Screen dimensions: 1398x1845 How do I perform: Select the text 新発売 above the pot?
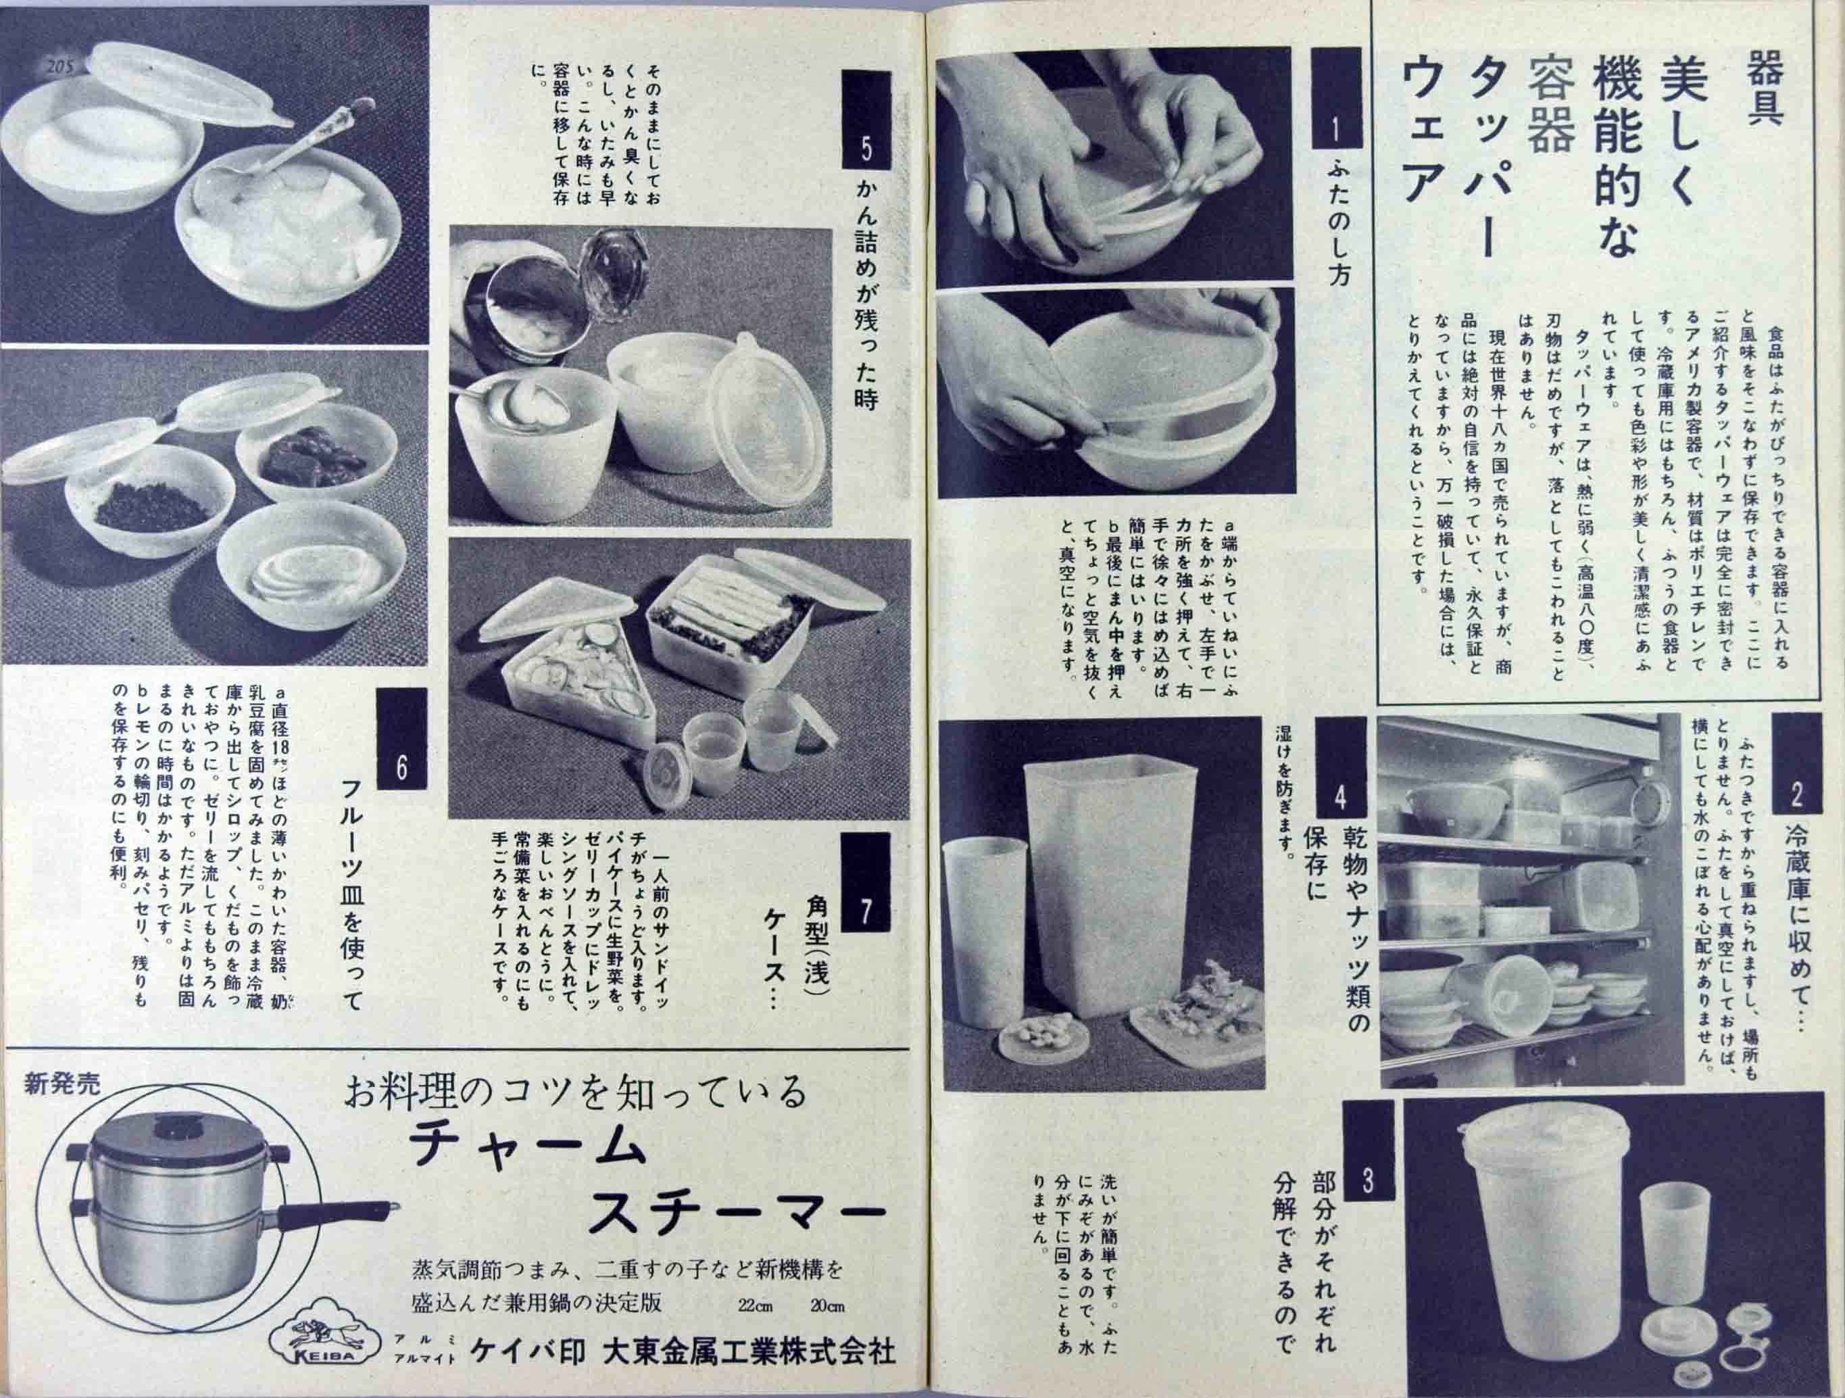pos(63,1084)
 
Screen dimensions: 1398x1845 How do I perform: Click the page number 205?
pos(64,68)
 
